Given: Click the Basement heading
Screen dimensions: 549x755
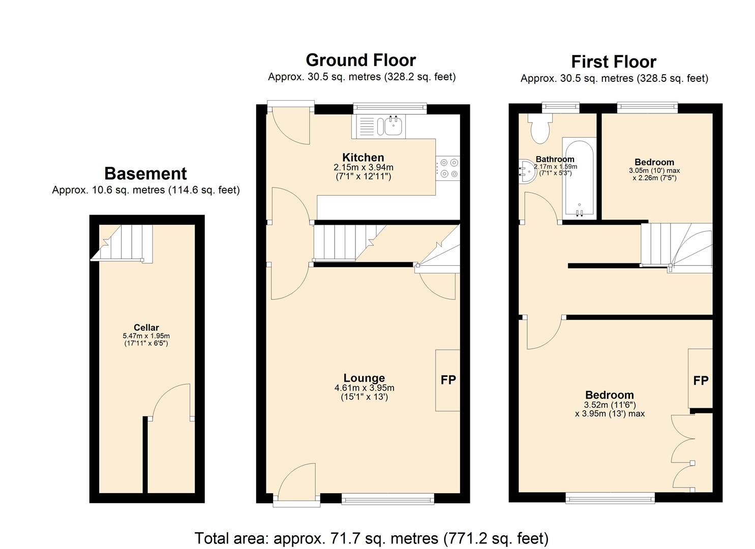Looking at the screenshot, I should click(145, 173).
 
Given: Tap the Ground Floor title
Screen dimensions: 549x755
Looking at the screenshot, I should click(360, 60).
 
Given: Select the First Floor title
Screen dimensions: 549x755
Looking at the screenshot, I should click(613, 62).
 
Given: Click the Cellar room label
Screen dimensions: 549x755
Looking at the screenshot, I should click(146, 327).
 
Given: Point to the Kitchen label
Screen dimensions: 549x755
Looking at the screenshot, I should click(363, 157).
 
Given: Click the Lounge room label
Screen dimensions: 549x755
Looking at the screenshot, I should click(364, 378).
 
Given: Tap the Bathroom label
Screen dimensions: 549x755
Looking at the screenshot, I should click(555, 159).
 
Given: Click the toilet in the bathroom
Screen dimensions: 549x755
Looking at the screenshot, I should click(539, 128).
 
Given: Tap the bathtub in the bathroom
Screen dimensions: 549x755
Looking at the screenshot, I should click(579, 176).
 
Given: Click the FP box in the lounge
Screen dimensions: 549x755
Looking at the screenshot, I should click(447, 380).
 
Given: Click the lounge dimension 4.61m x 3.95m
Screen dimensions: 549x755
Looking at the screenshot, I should click(364, 388).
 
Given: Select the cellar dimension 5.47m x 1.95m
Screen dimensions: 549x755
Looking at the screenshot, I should click(146, 336).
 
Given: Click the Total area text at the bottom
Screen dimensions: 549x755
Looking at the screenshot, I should click(371, 538).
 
